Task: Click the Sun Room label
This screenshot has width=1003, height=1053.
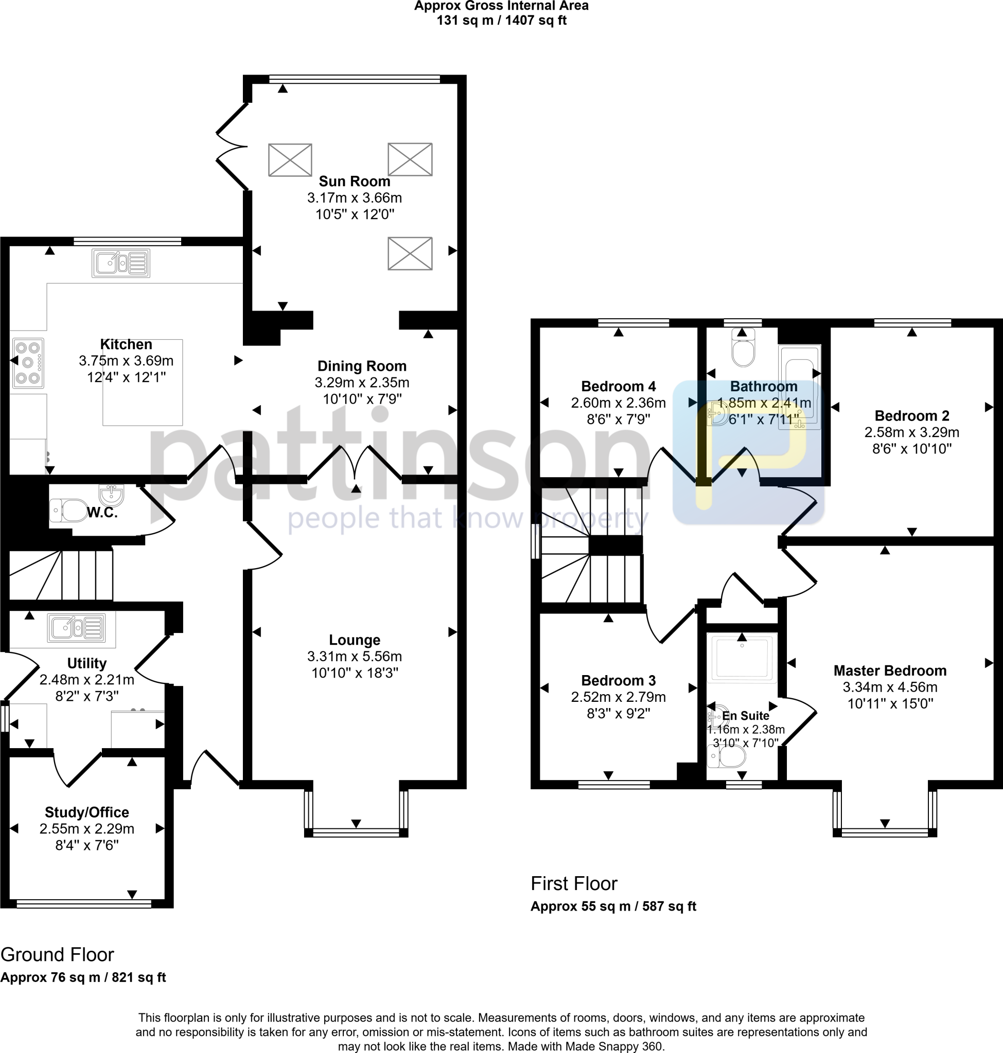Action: pyautogui.click(x=355, y=181)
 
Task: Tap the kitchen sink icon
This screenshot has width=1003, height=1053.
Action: pyautogui.click(x=121, y=263)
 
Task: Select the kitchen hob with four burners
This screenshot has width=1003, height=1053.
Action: pyautogui.click(x=28, y=364)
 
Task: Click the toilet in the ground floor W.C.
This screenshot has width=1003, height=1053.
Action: pyautogui.click(x=69, y=510)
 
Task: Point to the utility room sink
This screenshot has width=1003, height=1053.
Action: pyautogui.click(x=76, y=627)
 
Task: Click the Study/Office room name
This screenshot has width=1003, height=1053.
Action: pyautogui.click(x=87, y=812)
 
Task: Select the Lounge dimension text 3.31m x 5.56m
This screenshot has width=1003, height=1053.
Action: pyautogui.click(x=355, y=656)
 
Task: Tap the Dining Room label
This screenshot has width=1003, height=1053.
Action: pyautogui.click(x=362, y=366)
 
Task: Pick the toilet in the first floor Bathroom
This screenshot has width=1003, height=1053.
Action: pyautogui.click(x=743, y=348)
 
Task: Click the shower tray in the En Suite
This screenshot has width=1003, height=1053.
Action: pyautogui.click(x=742, y=658)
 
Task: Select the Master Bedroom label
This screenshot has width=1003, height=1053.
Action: pyautogui.click(x=890, y=670)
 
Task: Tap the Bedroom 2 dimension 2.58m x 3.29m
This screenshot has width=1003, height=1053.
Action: pyautogui.click(x=911, y=432)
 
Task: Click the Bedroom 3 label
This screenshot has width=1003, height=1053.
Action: pyautogui.click(x=618, y=681)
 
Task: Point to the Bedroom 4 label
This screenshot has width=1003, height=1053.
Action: pyautogui.click(x=618, y=386)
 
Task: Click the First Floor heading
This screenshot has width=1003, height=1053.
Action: pyautogui.click(x=574, y=884)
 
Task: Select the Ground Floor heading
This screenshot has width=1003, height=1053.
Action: pyautogui.click(x=57, y=955)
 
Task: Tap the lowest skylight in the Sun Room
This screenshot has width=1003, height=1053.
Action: pyautogui.click(x=410, y=254)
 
